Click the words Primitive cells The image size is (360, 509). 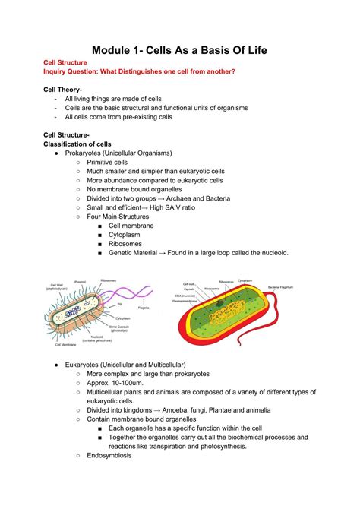coord(106,163)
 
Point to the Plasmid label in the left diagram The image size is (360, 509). coord(80,282)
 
